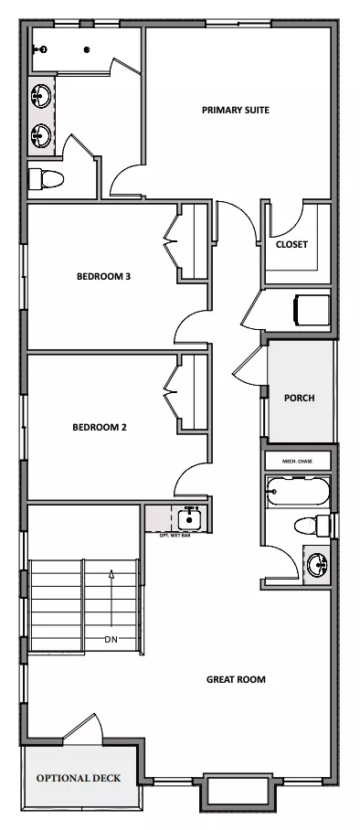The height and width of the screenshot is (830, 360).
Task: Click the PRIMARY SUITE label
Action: [x=236, y=110]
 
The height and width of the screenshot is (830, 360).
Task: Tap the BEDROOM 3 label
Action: [x=104, y=276]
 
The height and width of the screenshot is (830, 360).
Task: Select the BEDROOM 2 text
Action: [x=100, y=427]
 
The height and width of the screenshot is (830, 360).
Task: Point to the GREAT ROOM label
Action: [x=236, y=679]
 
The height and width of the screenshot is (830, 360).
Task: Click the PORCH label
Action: [x=299, y=398]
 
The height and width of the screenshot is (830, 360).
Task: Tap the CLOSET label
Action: [x=291, y=245]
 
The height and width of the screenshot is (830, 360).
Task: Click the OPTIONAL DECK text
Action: [x=79, y=778]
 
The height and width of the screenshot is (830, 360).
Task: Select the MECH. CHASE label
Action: [x=297, y=462]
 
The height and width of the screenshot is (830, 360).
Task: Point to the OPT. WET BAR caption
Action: [x=175, y=535]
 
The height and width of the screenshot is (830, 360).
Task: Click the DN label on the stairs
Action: [x=111, y=640]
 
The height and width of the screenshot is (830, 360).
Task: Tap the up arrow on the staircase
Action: [x=111, y=598]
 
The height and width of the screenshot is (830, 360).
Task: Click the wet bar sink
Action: [x=188, y=518]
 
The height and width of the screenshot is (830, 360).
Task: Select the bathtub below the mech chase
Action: [x=298, y=492]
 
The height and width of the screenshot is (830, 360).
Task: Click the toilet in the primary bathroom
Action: [x=46, y=179]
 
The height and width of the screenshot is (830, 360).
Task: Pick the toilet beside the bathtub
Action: [x=312, y=526]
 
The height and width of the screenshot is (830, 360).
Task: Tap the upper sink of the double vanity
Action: [x=41, y=96]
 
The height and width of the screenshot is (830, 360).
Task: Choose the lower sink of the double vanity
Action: [x=41, y=135]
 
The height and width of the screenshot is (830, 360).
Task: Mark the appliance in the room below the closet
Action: [x=312, y=310]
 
